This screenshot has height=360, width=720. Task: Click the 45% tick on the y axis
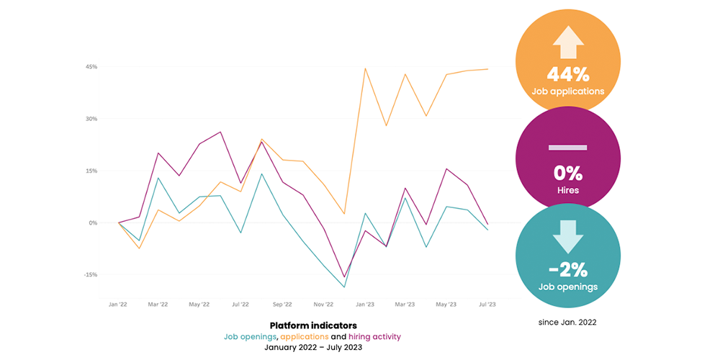tap(91, 67)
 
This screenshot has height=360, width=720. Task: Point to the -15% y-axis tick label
tap(91, 274)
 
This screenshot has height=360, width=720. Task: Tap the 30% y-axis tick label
tap(91, 119)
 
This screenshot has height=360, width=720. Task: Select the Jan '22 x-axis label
tap(117, 305)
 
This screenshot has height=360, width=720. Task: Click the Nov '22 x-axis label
tap(323, 305)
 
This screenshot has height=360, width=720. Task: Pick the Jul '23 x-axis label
tap(487, 305)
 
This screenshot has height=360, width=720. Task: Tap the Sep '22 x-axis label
tap(282, 305)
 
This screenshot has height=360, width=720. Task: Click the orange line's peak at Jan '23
tap(365, 68)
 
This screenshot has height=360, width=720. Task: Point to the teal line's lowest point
tap(344, 287)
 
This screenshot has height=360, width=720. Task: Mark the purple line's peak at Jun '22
tap(220, 132)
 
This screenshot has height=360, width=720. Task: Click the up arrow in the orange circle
tap(568, 45)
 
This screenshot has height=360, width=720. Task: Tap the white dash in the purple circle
tap(568, 148)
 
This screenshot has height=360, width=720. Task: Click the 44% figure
tap(568, 73)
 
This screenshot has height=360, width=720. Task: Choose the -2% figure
tap(568, 270)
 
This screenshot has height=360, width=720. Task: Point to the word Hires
tap(568, 191)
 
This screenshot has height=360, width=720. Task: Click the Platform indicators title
tap(312, 325)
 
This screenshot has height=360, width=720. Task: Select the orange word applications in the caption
tap(304, 336)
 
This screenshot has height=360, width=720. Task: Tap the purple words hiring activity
tap(374, 336)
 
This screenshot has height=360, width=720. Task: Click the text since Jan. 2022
tap(567, 322)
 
